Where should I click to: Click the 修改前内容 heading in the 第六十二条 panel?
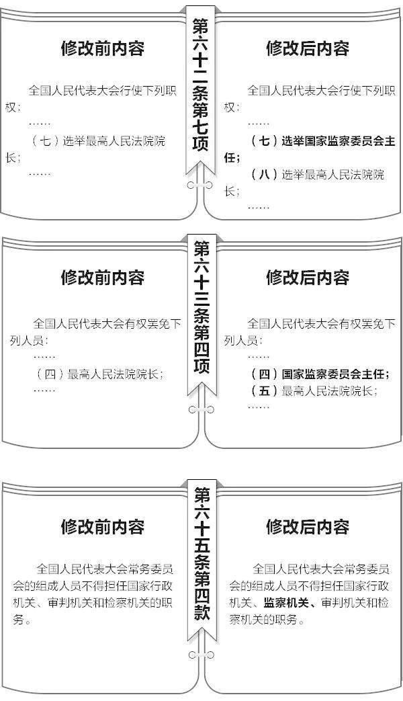pyautogui.click(x=103, y=48)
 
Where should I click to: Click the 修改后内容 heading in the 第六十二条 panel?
pyautogui.click(x=308, y=48)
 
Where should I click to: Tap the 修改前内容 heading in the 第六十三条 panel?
pyautogui.click(x=103, y=277)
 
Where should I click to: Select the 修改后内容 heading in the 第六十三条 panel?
pyautogui.click(x=308, y=277)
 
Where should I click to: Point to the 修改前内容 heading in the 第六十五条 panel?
pyautogui.click(x=103, y=526)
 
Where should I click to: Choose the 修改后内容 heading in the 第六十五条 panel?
pyautogui.click(x=308, y=526)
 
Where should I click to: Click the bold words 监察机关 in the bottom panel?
pyautogui.click(x=286, y=602)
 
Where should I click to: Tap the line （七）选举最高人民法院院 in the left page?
pyautogui.click(x=98, y=141)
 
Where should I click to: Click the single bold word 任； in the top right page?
pyautogui.click(x=232, y=158)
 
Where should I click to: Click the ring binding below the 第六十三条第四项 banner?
pyautogui.click(x=201, y=409)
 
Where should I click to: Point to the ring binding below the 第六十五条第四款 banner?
pyautogui.click(x=201, y=655)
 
